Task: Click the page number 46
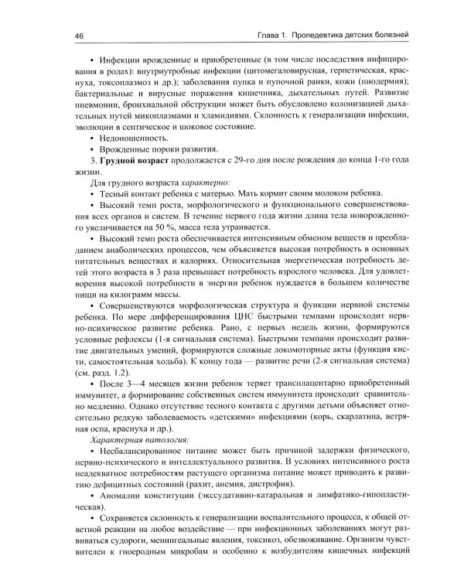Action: point(80,36)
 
